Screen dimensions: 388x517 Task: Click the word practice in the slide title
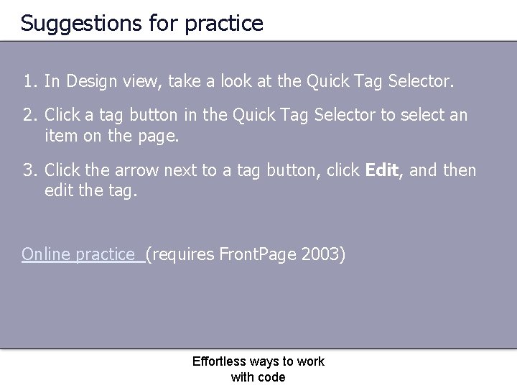point(224,24)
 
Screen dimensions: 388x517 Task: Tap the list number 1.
point(29,82)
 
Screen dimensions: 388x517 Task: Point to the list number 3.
point(29,170)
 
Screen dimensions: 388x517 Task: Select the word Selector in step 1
point(421,82)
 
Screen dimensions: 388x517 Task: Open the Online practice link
point(82,254)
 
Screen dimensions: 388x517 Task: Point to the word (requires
point(180,254)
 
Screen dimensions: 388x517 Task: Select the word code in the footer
point(272,377)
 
